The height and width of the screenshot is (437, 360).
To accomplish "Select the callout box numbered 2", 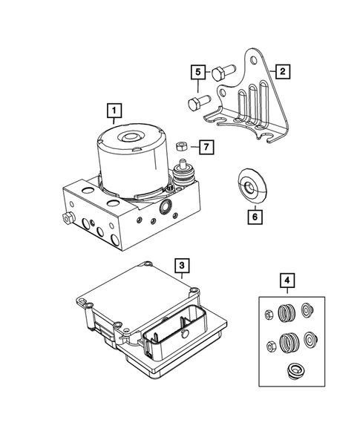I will [x=282, y=72].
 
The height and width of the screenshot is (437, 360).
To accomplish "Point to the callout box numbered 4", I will [x=287, y=281].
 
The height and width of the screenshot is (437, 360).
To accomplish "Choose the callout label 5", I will [x=198, y=72].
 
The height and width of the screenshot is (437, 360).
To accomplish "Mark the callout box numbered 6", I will [x=254, y=217].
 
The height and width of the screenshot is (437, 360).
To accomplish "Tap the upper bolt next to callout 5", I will [x=222, y=73].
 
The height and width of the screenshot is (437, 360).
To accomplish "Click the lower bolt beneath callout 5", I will [x=194, y=103].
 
